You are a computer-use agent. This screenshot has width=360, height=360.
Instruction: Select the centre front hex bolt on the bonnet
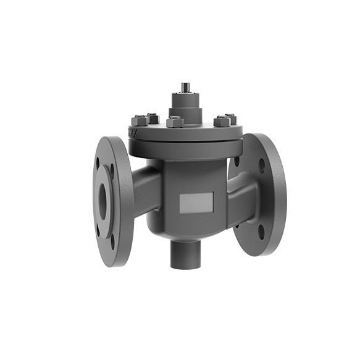click(x=175, y=122)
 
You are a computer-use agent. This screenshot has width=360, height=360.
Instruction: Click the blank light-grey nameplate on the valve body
click(x=197, y=201)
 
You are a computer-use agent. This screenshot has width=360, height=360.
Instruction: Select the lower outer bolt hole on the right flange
click(x=261, y=232)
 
